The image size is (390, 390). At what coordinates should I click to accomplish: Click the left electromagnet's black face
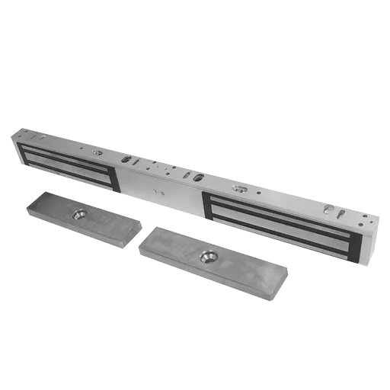(69, 161)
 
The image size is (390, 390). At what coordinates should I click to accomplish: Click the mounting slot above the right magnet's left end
(238, 185)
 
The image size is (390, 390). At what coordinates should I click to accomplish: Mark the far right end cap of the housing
(369, 244)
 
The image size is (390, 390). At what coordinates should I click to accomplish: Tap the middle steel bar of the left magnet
(69, 161)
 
